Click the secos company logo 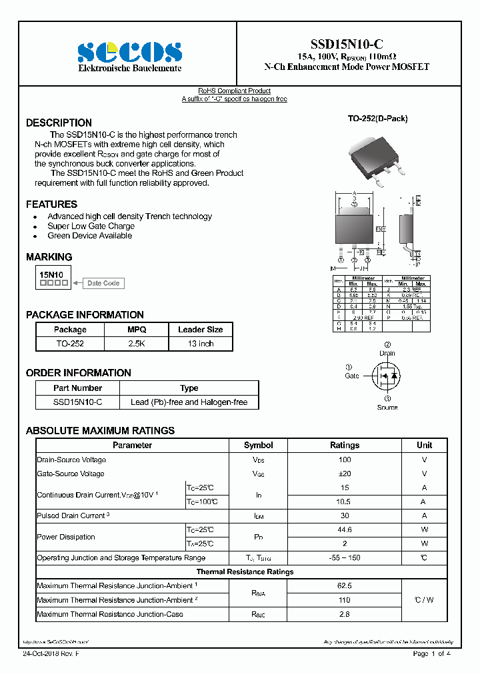(129, 53)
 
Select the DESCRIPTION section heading (59, 123)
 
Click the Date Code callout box (103, 283)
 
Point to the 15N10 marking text (51, 274)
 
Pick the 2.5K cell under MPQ (137, 344)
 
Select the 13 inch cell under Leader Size (201, 344)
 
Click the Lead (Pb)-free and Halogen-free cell (189, 402)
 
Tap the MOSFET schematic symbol (386, 377)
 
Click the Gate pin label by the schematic (351, 376)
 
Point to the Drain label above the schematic (387, 353)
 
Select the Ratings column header (345, 445)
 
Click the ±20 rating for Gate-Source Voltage (345, 474)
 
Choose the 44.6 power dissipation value (345, 529)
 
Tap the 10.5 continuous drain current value (345, 502)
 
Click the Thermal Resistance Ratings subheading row (245, 571)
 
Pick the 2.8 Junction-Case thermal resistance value (345, 614)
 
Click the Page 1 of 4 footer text (431, 653)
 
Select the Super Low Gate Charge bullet (91, 226)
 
